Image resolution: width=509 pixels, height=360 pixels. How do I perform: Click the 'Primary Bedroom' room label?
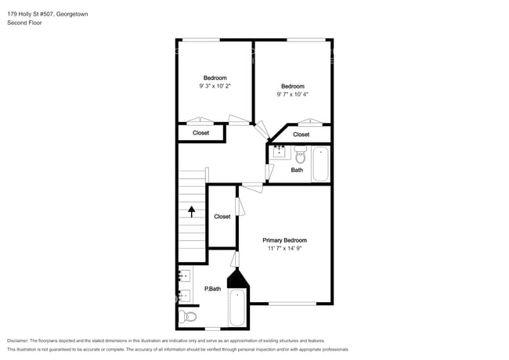coord(285,240)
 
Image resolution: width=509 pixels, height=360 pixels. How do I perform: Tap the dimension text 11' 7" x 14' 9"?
coord(285,248)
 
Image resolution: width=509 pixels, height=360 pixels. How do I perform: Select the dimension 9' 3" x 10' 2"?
coord(215,86)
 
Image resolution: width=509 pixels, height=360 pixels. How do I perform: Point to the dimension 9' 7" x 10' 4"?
coord(293,95)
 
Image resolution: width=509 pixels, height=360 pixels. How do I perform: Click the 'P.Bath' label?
coord(213,289)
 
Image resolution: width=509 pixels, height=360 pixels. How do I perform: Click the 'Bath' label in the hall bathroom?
coord(297,170)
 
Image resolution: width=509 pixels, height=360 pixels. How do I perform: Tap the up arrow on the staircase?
coord(192,211)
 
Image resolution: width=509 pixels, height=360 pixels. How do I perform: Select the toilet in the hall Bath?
coord(300,155)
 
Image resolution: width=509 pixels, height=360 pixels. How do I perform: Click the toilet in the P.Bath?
coord(188,316)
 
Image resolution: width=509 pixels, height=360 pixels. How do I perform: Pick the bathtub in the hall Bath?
coord(321,164)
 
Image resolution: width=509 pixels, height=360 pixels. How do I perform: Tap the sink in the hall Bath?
coord(280,152)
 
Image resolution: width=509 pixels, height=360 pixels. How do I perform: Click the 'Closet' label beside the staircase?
coord(222,217)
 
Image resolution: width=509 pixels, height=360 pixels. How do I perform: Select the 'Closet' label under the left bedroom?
coord(200,133)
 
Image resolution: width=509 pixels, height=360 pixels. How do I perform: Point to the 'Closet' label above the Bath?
coord(301,135)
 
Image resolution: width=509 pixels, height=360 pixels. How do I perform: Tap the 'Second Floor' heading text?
coord(24,23)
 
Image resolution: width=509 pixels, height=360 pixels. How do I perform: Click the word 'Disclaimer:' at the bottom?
coord(17,341)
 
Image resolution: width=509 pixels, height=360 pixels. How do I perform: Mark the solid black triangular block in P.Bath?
coord(237,279)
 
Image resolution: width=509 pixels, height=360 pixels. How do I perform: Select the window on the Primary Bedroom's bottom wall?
coord(293,304)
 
